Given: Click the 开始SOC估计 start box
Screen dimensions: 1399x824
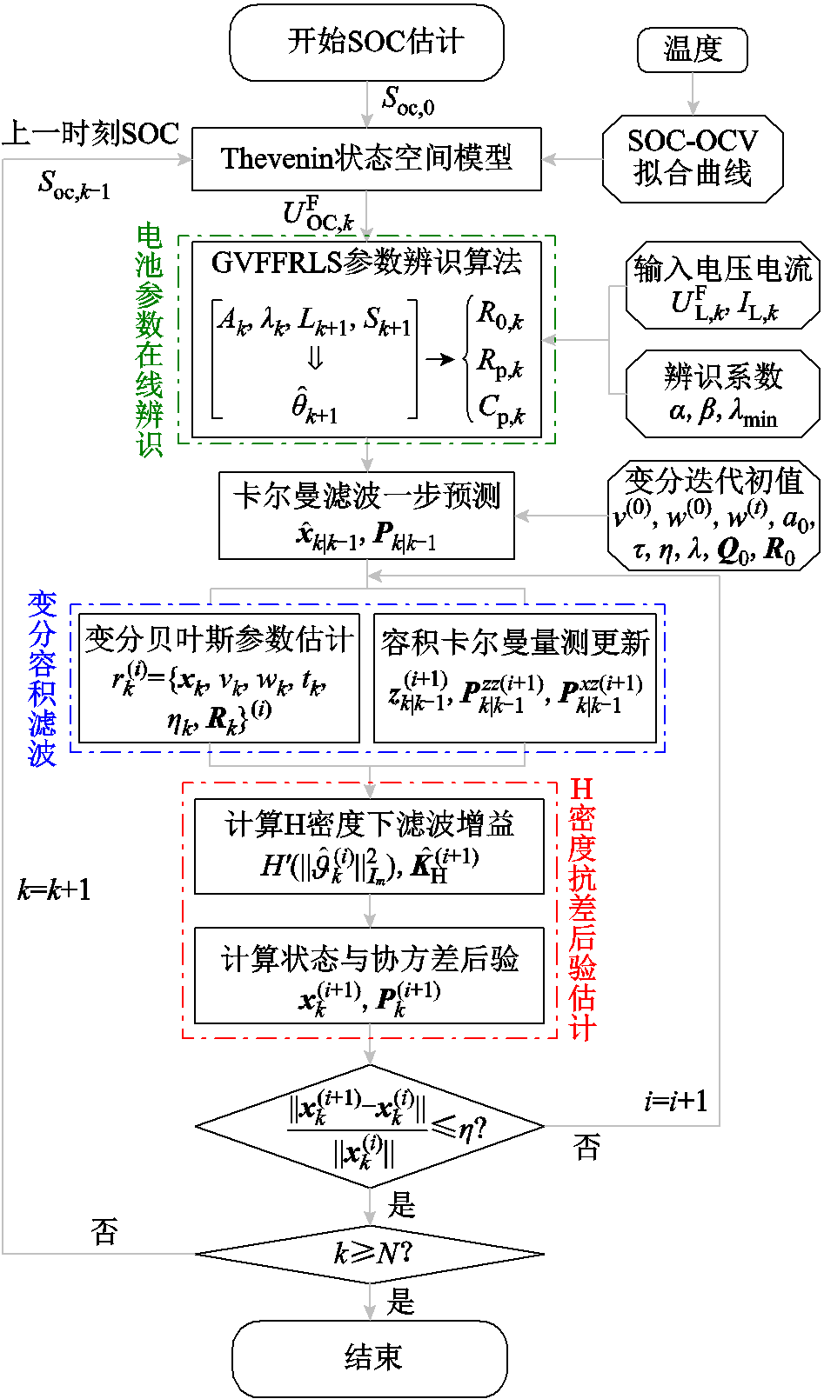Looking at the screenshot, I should click(x=366, y=42).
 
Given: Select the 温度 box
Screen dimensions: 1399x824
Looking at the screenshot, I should click(x=693, y=49).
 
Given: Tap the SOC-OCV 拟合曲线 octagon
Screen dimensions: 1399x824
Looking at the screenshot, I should click(x=693, y=157).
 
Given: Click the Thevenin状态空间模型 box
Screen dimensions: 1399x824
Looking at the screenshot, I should click(x=366, y=158).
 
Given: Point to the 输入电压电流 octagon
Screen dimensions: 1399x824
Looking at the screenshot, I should click(x=722, y=285).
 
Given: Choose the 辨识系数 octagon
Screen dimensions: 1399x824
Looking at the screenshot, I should click(x=722, y=393).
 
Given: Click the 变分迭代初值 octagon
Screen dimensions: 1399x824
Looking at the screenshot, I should click(x=713, y=516).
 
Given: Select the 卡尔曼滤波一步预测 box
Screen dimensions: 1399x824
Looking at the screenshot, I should click(x=366, y=515).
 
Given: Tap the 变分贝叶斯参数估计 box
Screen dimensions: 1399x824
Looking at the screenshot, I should click(x=219, y=678).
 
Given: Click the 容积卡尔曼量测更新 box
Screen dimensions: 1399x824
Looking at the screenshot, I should click(x=515, y=678).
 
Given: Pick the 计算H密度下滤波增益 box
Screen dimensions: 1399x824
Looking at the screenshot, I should click(x=369, y=846).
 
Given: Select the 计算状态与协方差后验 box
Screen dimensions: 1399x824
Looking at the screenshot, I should click(x=369, y=975).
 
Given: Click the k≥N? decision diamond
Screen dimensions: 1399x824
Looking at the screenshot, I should click(x=370, y=1254).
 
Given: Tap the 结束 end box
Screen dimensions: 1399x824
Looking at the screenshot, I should click(x=370, y=1357).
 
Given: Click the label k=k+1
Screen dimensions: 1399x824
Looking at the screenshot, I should click(x=54, y=890).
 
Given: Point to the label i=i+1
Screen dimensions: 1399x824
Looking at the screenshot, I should click(x=676, y=1102).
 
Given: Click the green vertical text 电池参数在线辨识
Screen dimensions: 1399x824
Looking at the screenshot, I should click(x=150, y=340).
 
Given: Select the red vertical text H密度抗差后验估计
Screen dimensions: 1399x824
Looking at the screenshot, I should click(x=582, y=909).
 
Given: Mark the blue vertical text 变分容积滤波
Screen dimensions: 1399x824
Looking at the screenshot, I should click(x=42, y=678).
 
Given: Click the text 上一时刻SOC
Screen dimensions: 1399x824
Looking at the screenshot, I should click(x=90, y=133).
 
